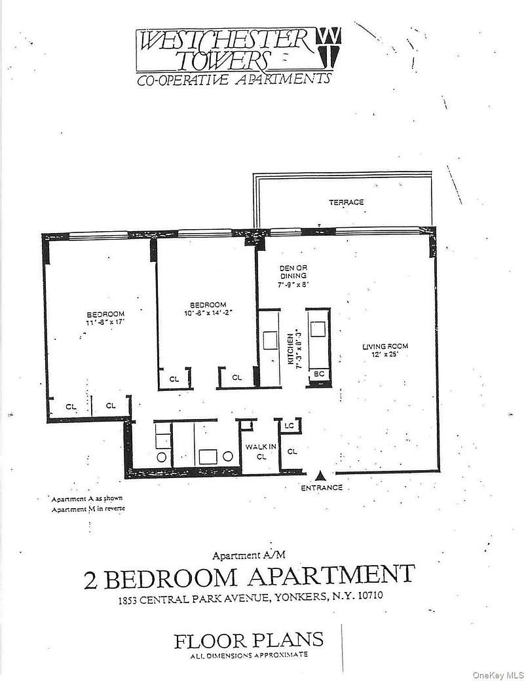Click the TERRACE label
tap(347, 202)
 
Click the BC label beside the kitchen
tap(319, 374)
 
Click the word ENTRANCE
tap(321, 487)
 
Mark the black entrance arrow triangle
tap(320, 475)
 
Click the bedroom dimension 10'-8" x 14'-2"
tap(208, 313)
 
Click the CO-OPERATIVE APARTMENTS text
tap(233, 80)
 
